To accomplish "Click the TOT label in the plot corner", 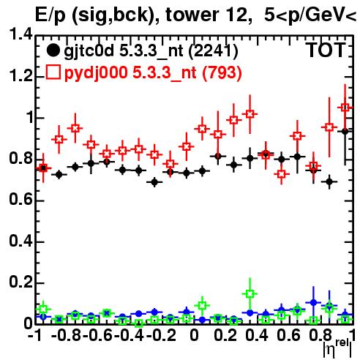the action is click(326, 50).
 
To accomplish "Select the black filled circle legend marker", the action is click(53, 50).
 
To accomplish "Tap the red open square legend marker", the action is click(53, 72).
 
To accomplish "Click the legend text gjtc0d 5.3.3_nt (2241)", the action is click(151, 51).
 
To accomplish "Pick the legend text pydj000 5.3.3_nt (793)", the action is click(153, 72).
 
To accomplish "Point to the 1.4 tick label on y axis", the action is click(20, 34).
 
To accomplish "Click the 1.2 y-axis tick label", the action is click(20, 75).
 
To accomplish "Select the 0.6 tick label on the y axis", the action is click(20, 200).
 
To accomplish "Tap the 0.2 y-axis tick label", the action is click(20, 282).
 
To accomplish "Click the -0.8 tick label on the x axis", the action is click(66, 336).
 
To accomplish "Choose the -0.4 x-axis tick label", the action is click(130, 336).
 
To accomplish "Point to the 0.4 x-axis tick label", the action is click(257, 336).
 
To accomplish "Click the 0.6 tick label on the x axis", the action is click(288, 336).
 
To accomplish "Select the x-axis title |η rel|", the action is click(337, 348).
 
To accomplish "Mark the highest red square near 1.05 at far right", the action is click(345, 108).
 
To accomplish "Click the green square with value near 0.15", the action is click(250, 293).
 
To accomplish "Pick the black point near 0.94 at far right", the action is click(345, 131).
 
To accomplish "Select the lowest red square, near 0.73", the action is click(282, 174).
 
